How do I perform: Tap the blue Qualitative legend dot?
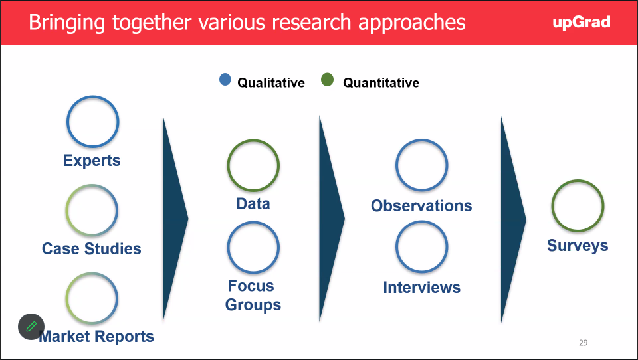(x=225, y=79)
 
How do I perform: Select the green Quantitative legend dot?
(x=327, y=80)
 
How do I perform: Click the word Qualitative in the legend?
(x=271, y=82)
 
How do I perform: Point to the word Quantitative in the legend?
(x=381, y=82)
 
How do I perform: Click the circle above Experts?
(x=68, y=122)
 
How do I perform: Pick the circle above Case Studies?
(x=66, y=211)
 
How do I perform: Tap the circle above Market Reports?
(x=66, y=298)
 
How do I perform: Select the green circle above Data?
(x=228, y=165)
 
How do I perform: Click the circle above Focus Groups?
(x=228, y=247)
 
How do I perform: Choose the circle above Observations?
(x=396, y=165)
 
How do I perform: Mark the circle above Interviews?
(x=396, y=246)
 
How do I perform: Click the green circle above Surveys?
(x=552, y=206)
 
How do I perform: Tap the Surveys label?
(x=578, y=246)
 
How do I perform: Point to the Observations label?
(x=421, y=205)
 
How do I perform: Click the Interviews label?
(x=421, y=287)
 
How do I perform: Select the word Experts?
(x=92, y=161)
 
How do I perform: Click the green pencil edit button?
(x=31, y=327)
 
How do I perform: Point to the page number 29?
(x=583, y=343)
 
